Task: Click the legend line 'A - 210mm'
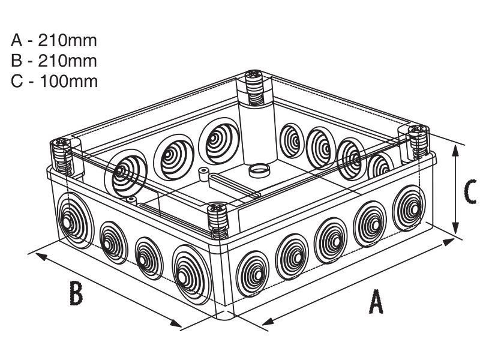coord(53,41)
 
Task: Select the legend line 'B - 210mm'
coord(53,61)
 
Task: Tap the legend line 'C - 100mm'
coord(53,80)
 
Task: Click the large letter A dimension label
coord(376,301)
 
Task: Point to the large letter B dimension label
coord(75,294)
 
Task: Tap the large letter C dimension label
coord(470,191)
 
